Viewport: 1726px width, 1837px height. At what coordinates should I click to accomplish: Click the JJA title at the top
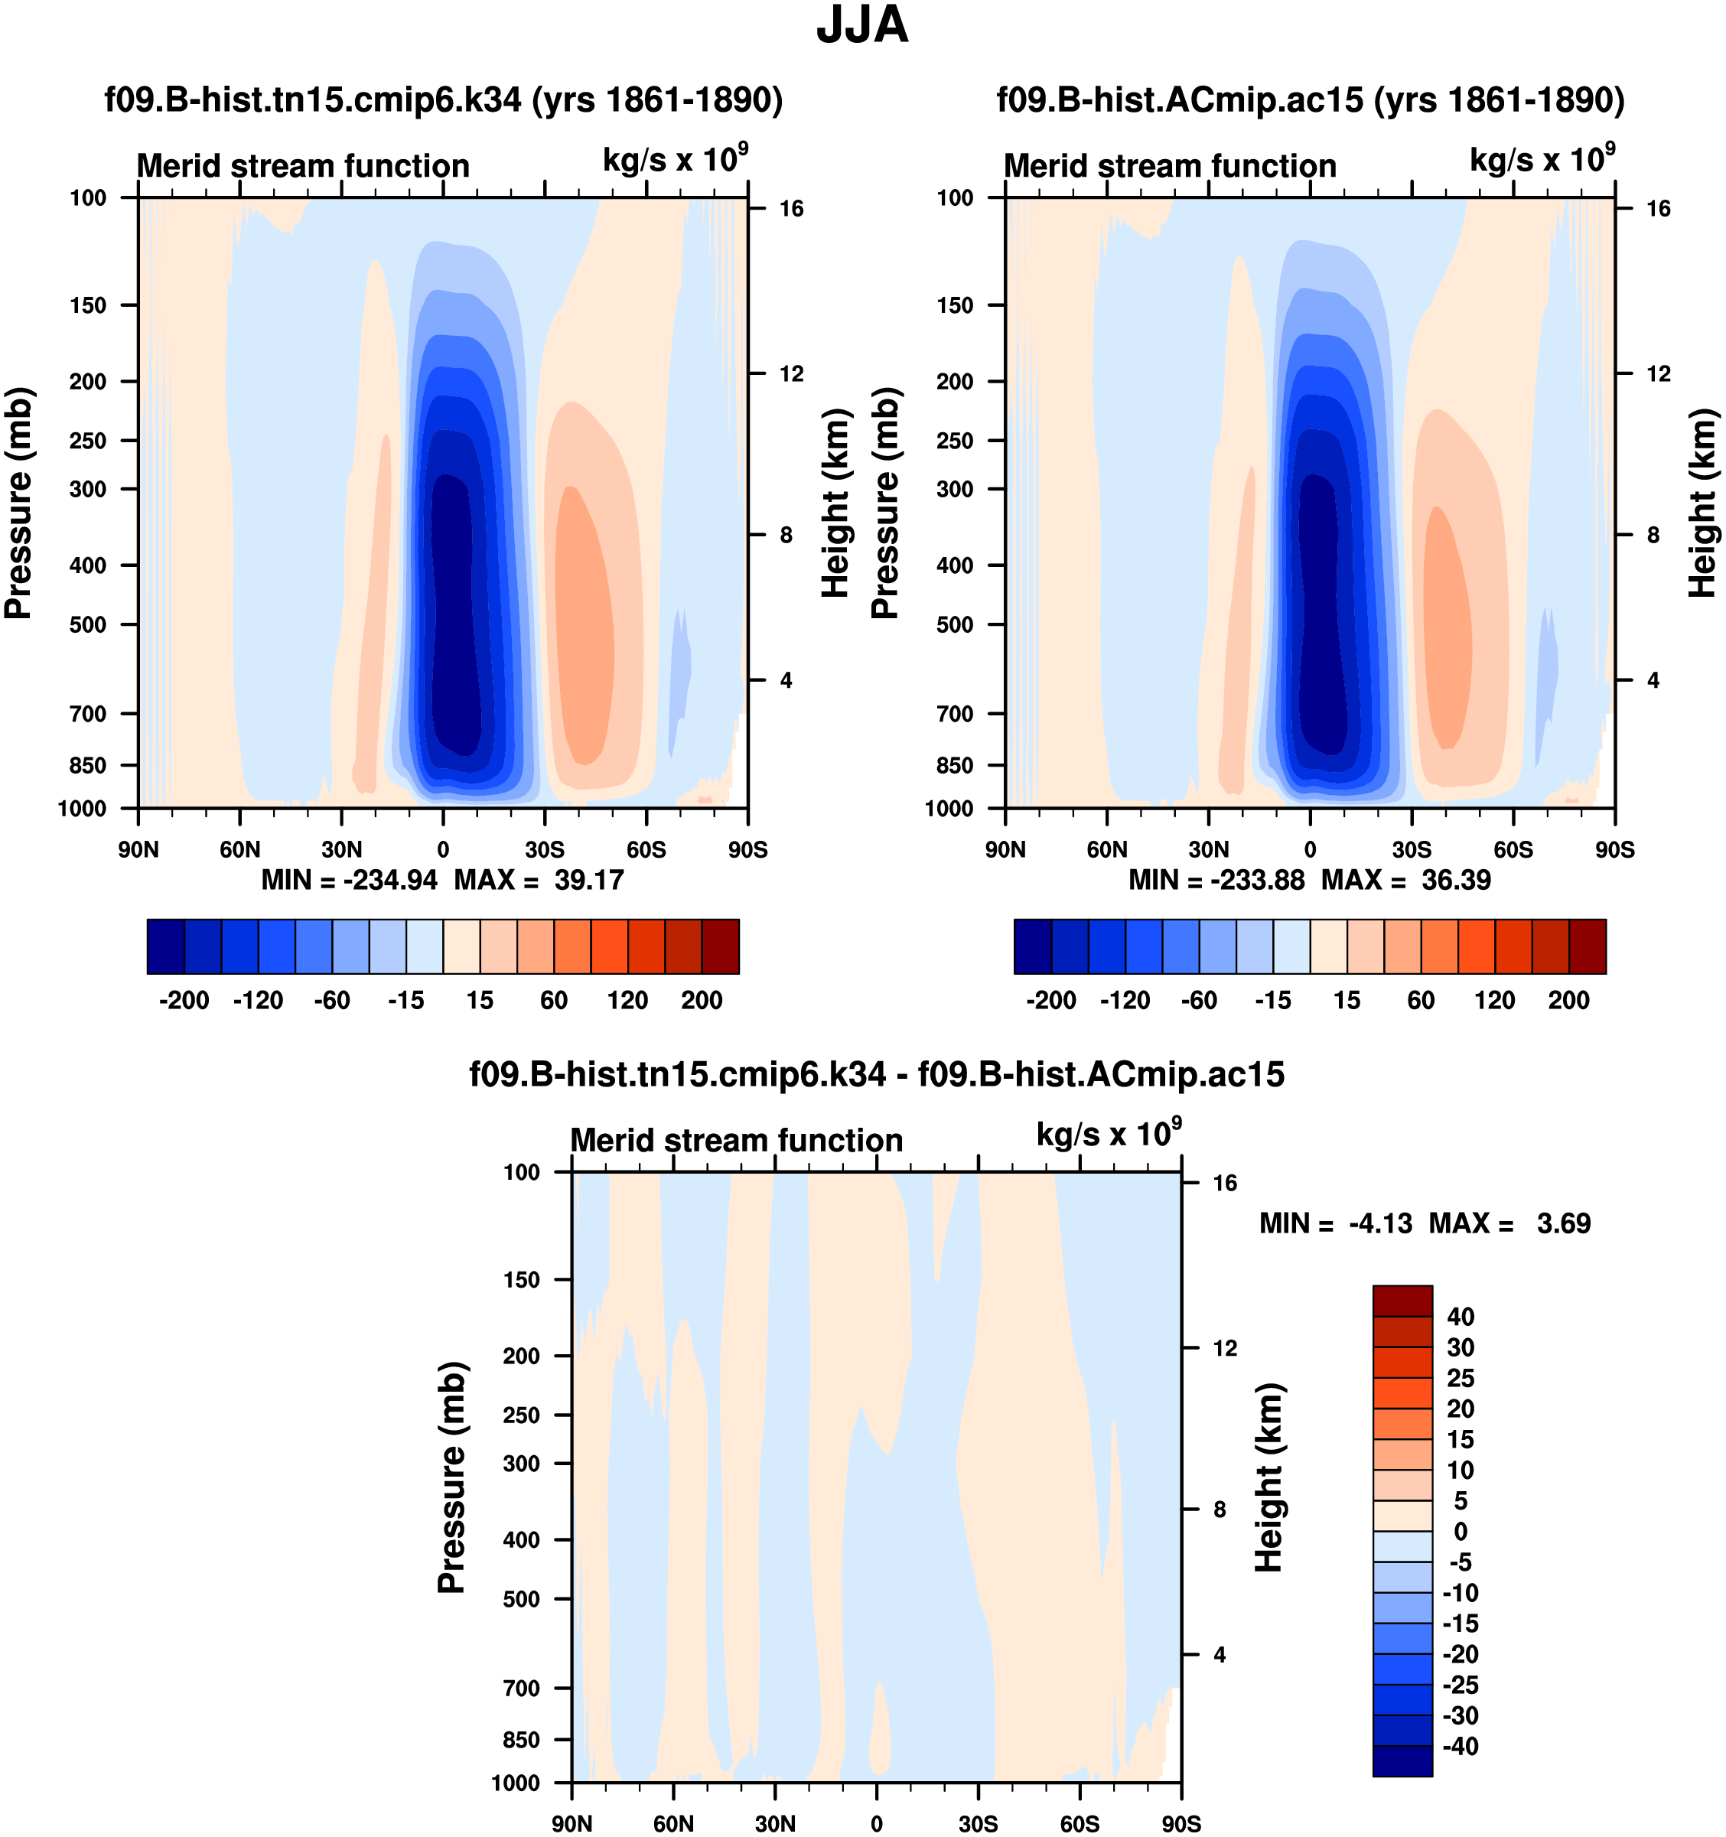(x=862, y=26)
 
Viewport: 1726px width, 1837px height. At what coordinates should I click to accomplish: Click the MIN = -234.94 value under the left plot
(x=350, y=880)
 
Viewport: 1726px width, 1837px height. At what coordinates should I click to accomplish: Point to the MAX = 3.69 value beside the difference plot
(x=1509, y=1223)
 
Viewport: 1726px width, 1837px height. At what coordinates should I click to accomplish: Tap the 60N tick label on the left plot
(x=240, y=850)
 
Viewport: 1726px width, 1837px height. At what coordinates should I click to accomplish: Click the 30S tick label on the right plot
(x=1412, y=850)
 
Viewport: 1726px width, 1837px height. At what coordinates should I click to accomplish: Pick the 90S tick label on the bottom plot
(x=1181, y=1824)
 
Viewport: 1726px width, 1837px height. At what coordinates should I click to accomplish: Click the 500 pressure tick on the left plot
(x=88, y=624)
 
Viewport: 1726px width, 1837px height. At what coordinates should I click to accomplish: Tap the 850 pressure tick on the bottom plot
(x=521, y=1740)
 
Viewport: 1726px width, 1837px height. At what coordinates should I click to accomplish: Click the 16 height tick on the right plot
(x=1659, y=209)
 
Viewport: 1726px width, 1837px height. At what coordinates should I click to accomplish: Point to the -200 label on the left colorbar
(x=184, y=1001)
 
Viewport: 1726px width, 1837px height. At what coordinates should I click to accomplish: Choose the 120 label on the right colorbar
(x=1495, y=1001)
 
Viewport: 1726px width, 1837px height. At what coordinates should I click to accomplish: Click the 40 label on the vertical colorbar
(x=1461, y=1317)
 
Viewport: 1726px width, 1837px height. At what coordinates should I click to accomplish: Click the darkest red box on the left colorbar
(x=721, y=946)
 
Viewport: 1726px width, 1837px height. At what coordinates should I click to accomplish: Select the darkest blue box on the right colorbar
(x=1033, y=946)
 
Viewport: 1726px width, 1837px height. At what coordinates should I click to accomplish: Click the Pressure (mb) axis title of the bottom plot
(x=451, y=1477)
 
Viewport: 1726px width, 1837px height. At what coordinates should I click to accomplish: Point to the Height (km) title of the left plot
(x=835, y=503)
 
